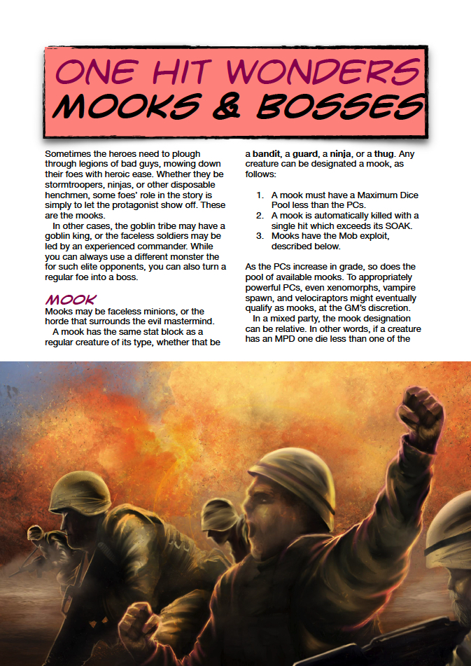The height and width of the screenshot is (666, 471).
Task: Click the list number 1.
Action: click(x=259, y=195)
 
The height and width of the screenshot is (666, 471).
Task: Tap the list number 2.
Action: click(x=259, y=215)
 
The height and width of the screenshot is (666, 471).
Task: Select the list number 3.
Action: click(x=259, y=236)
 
